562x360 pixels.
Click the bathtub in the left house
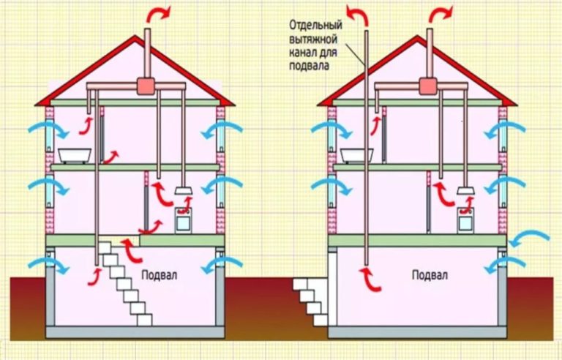pyautogui.click(x=75, y=156)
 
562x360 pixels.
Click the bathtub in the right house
pyautogui.click(x=356, y=156)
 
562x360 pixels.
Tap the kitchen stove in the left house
pyautogui.click(x=183, y=220)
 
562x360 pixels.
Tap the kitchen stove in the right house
pyautogui.click(x=465, y=220)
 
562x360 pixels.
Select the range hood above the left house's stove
pyautogui.click(x=184, y=191)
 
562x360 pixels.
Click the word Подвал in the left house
pyautogui.click(x=159, y=275)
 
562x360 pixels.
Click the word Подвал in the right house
pyautogui.click(x=430, y=275)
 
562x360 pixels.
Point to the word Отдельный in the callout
pyautogui.click(x=316, y=26)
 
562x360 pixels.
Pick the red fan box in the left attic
pyautogui.click(x=146, y=86)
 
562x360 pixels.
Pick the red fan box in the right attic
pyautogui.click(x=428, y=86)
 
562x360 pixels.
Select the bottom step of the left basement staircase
pyautogui.click(x=144, y=320)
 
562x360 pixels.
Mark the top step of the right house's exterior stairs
pyautogui.click(x=300, y=285)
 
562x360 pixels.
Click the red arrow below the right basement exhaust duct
pyautogui.click(x=370, y=280)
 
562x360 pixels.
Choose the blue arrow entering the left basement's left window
pyautogui.click(x=48, y=266)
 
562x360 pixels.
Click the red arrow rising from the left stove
pyautogui.click(x=185, y=205)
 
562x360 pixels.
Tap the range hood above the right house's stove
pyautogui.click(x=466, y=191)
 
